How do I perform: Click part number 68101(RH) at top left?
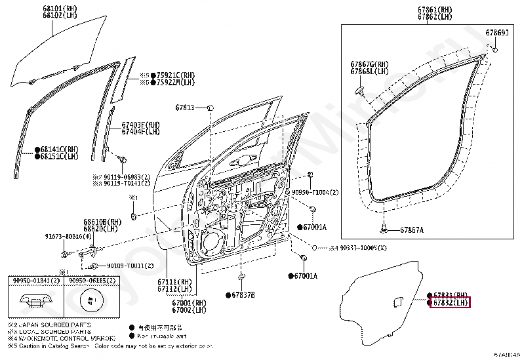point(57,9)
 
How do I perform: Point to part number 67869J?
point(497,32)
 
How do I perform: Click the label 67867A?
point(412,230)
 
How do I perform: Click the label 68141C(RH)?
point(58,149)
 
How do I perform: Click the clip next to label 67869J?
point(495,46)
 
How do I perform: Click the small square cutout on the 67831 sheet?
point(397,301)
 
